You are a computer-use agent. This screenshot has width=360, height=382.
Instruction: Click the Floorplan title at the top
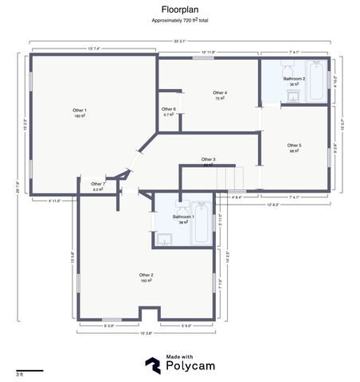(x=179, y=10)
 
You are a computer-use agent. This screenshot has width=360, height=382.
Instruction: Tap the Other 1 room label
(x=80, y=112)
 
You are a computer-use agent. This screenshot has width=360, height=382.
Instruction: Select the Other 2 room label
(x=147, y=277)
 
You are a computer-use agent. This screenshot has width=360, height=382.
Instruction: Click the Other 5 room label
(x=294, y=147)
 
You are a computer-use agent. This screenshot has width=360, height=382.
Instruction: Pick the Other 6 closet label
(x=168, y=111)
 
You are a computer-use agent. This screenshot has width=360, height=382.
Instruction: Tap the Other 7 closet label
(x=98, y=186)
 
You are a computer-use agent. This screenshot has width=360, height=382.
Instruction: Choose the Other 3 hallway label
(x=208, y=162)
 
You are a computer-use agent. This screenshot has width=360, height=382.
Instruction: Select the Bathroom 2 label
(x=294, y=81)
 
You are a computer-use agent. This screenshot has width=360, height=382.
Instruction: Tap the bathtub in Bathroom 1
(x=201, y=226)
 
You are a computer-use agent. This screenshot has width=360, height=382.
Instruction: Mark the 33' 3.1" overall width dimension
(x=179, y=41)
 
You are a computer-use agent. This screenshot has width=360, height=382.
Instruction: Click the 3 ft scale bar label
(x=18, y=373)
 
